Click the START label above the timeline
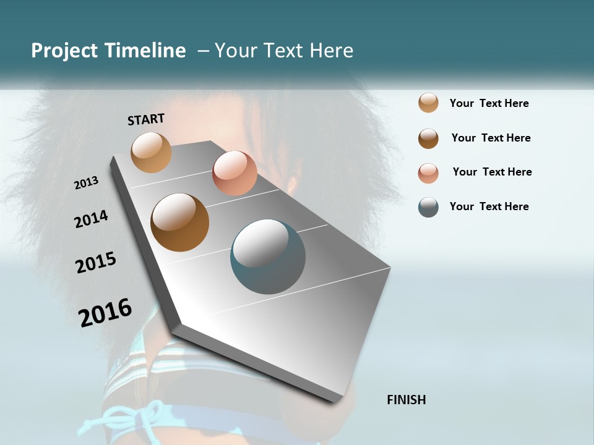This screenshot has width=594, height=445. [146, 119]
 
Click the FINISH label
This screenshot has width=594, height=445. [407, 400]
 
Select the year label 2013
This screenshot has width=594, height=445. [86, 183]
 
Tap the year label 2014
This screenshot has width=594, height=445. [91, 219]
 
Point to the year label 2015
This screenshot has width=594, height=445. [96, 263]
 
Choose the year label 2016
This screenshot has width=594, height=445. [105, 313]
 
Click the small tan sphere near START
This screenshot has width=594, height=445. [151, 152]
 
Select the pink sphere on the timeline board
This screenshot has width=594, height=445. [235, 172]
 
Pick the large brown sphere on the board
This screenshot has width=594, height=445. [179, 222]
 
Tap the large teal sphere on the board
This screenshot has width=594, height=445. [267, 256]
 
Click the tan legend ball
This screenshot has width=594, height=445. [428, 103]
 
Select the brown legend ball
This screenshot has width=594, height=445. [428, 138]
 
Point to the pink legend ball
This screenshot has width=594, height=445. [428, 173]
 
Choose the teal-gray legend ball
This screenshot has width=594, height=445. [428, 208]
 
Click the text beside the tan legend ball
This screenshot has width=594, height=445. [489, 104]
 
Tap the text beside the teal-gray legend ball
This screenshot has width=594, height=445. [489, 206]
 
